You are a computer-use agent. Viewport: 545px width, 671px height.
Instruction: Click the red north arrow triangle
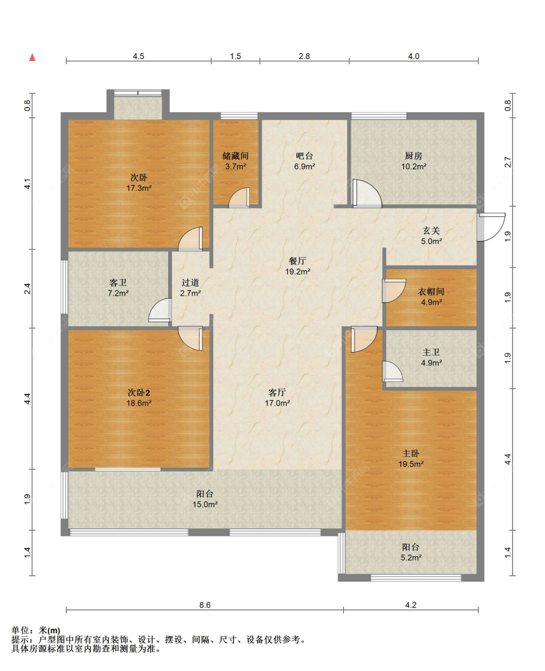click(x=32, y=57)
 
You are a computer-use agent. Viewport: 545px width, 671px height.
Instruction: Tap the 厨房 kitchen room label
click(x=413, y=155)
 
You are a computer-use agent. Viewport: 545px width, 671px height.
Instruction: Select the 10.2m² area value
click(x=414, y=167)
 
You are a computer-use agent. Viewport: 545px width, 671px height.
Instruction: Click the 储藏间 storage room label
click(x=235, y=155)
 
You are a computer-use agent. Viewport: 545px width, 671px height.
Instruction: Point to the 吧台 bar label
click(x=305, y=155)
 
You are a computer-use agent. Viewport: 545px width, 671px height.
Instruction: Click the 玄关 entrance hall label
click(x=431, y=230)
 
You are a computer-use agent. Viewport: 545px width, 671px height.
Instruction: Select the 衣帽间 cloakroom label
click(x=431, y=291)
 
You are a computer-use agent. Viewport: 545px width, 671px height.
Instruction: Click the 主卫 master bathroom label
click(x=431, y=352)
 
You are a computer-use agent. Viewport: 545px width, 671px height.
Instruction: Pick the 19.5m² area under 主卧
click(x=411, y=464)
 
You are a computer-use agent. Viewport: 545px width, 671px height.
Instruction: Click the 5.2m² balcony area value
click(x=411, y=557)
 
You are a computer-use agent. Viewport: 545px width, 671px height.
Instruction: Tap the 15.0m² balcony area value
click(x=205, y=504)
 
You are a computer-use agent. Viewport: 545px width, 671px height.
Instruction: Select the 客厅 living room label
click(x=277, y=392)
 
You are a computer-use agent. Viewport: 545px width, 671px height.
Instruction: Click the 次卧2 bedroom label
click(x=139, y=392)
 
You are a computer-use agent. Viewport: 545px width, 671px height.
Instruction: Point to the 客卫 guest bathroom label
click(x=118, y=282)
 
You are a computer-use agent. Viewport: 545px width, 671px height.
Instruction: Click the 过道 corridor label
click(x=190, y=282)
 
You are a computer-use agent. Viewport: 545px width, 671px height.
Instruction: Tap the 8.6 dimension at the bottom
click(x=205, y=605)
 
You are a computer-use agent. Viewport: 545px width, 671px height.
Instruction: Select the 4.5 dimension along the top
click(x=139, y=56)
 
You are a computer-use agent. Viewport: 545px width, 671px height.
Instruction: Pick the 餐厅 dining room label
click(x=297, y=261)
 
